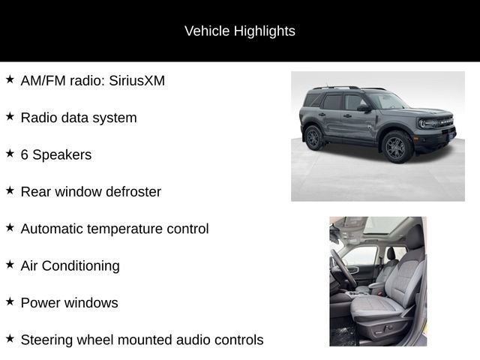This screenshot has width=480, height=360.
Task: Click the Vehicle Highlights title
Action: coord(239,31)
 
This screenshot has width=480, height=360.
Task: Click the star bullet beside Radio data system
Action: coord(10,116)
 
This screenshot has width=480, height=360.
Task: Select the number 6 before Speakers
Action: coord(25,154)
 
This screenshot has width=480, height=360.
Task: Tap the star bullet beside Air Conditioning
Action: coord(10,265)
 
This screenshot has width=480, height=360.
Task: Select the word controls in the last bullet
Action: coord(237,340)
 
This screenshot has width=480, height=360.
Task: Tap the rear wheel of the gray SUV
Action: coord(313,137)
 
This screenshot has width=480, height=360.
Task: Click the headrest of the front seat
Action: coord(415,238)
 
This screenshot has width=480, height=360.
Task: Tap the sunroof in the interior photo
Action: coord(379,226)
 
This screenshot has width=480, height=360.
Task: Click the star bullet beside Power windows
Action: coord(10,301)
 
